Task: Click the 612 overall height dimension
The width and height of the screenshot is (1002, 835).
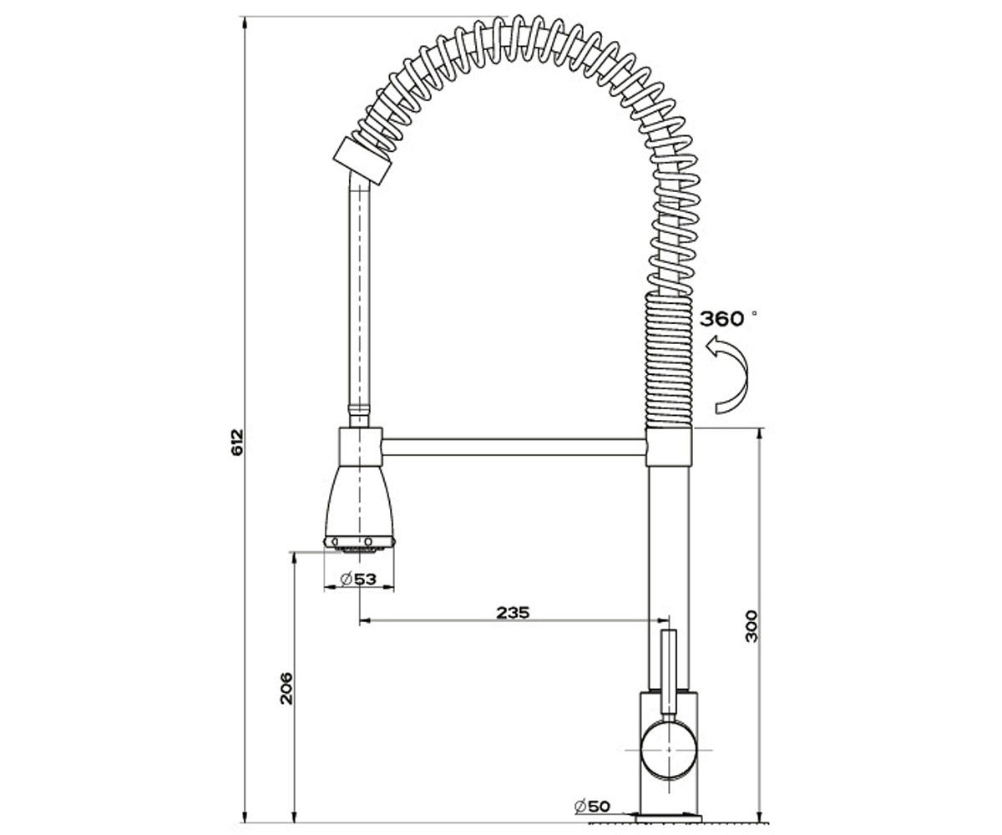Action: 238,442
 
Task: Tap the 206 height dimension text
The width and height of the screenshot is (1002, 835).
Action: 286,688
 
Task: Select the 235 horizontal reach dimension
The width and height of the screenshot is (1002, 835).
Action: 513,612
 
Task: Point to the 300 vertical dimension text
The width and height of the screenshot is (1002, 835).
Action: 751,626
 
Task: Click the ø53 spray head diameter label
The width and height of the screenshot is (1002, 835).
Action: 358,579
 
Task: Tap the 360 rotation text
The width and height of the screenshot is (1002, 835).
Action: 721,319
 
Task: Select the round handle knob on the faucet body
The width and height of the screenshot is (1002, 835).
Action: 669,750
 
